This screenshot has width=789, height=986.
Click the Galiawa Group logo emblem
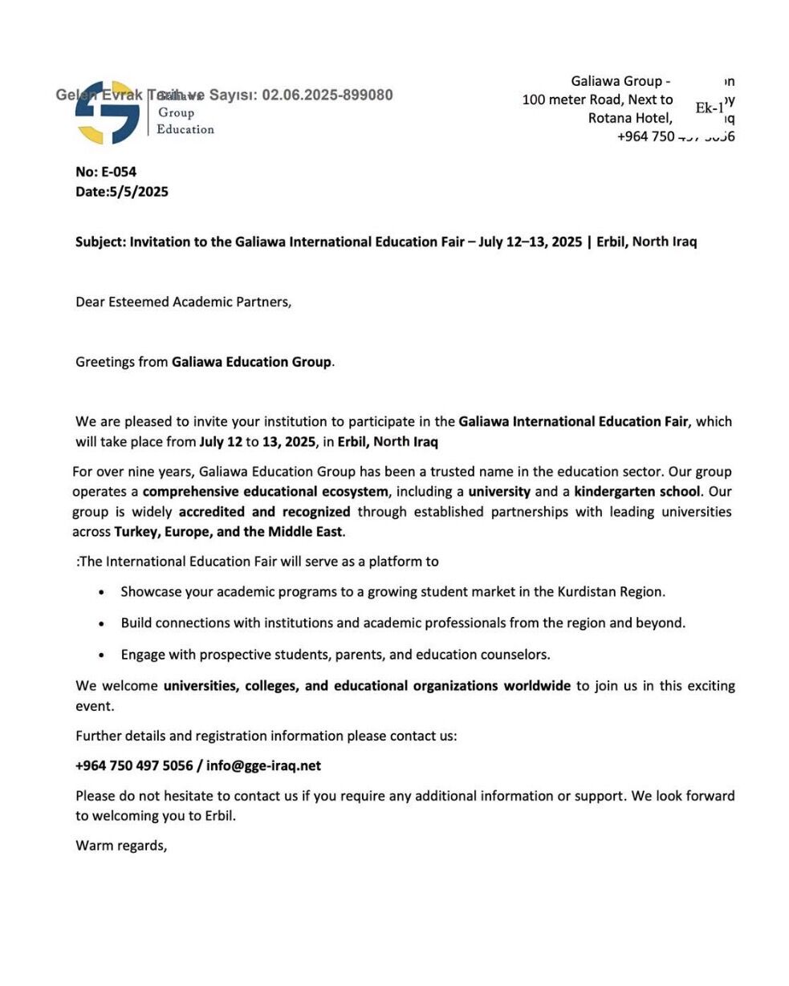pyautogui.click(x=108, y=113)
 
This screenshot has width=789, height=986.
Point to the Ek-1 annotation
pyautogui.click(x=710, y=108)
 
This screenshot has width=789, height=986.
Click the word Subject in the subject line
pyautogui.click(x=100, y=241)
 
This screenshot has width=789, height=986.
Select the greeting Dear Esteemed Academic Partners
pyautogui.click(x=183, y=302)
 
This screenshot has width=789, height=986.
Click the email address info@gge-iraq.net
pyautogui.click(x=263, y=766)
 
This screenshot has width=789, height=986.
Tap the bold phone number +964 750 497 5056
pyautogui.click(x=134, y=766)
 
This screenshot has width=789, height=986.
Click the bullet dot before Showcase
pyautogui.click(x=101, y=593)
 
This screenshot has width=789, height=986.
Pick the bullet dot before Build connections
pyautogui.click(x=101, y=623)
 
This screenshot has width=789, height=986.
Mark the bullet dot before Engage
pyautogui.click(x=101, y=655)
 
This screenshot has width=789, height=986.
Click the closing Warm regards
pyautogui.click(x=121, y=846)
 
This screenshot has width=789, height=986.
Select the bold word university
pyautogui.click(x=499, y=492)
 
